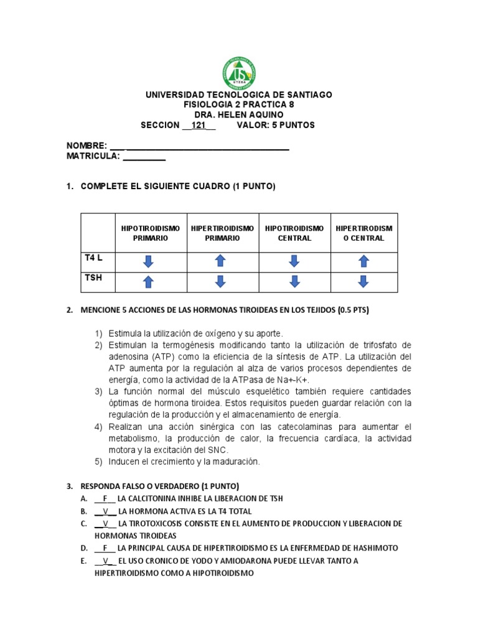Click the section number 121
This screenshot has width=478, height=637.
pyautogui.click(x=199, y=125)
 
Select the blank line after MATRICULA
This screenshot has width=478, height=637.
pyautogui.click(x=144, y=157)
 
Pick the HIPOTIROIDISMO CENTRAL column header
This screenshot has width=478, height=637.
pyautogui.click(x=294, y=233)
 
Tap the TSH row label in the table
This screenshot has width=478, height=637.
pyautogui.click(x=93, y=278)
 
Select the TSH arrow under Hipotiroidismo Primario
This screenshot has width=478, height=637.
pyautogui.click(x=148, y=282)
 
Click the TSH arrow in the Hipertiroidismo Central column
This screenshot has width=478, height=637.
pyautogui.click(x=364, y=282)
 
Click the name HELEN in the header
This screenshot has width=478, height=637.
pyautogui.click(x=233, y=114)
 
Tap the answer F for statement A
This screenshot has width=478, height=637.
pyautogui.click(x=105, y=499)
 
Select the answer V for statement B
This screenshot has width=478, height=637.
pyautogui.click(x=106, y=511)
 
